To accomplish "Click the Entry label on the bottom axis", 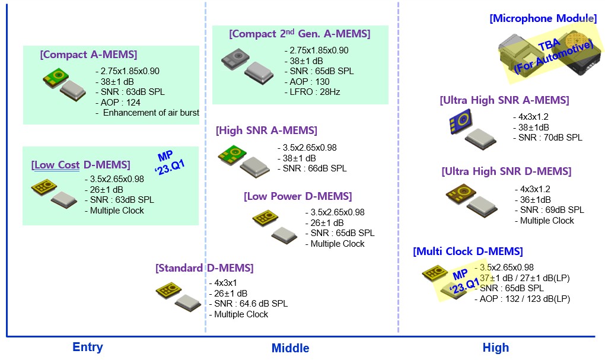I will click(87, 348).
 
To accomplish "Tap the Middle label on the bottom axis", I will click(290, 348).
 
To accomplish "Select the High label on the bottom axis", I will click(495, 348).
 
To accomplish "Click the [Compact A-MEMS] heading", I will click(88, 55).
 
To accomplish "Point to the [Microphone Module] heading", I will click(543, 18).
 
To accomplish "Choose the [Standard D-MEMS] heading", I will click(204, 268).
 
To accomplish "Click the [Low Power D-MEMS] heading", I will click(297, 196).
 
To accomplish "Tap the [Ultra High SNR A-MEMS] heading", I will click(504, 101).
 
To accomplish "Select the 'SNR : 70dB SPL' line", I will click(550, 138).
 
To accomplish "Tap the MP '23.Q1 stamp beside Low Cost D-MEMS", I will click(171, 161).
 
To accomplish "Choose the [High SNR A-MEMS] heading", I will click(266, 130).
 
